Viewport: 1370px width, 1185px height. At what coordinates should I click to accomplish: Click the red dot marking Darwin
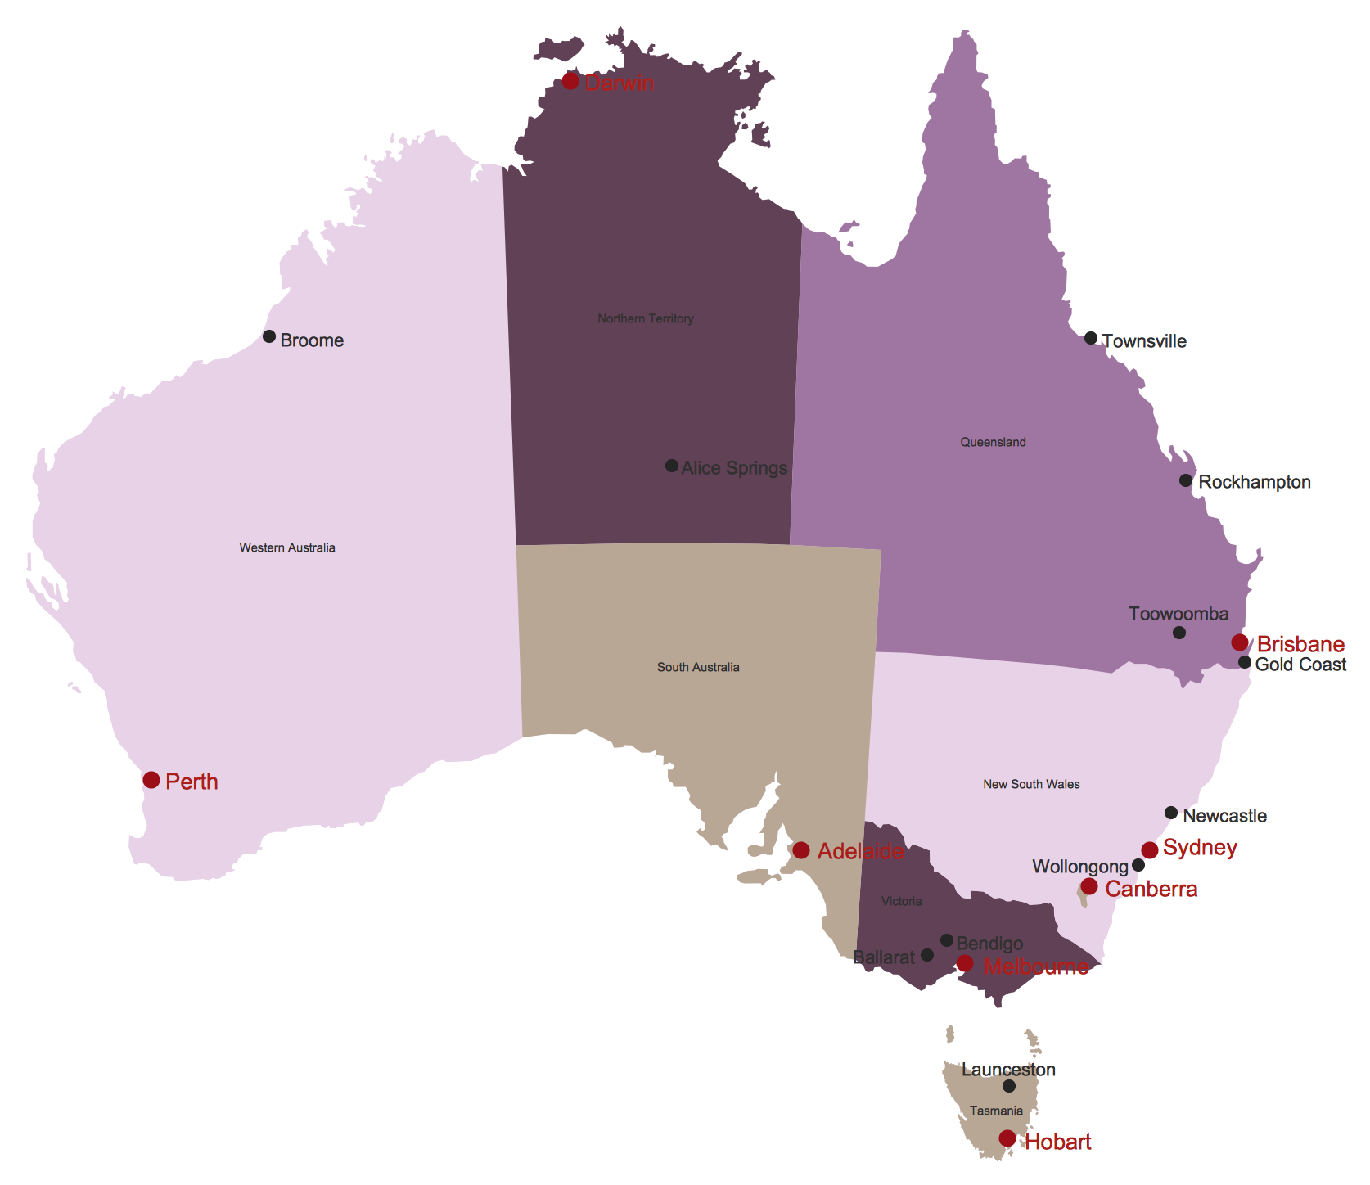click(x=570, y=81)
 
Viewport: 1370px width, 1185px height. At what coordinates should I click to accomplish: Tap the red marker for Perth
click(x=151, y=780)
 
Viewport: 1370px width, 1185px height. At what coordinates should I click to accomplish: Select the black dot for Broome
click(x=269, y=336)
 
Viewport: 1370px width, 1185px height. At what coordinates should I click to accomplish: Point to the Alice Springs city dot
click(x=672, y=466)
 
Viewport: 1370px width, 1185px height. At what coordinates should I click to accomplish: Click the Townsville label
click(x=1144, y=341)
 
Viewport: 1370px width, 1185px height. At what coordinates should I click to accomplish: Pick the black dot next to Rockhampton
click(x=1186, y=480)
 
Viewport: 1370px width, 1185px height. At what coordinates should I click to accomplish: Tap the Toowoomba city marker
click(x=1179, y=633)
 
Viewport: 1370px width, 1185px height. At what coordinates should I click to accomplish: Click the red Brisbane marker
click(x=1240, y=642)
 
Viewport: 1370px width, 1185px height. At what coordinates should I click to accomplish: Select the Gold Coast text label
click(x=1300, y=665)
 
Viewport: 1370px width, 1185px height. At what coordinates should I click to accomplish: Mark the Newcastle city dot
click(x=1171, y=813)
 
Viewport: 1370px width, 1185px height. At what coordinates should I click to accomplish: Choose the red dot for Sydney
click(x=1150, y=850)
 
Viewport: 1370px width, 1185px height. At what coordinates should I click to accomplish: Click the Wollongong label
click(x=1080, y=867)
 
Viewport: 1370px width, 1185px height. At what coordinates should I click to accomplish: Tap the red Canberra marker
click(x=1089, y=886)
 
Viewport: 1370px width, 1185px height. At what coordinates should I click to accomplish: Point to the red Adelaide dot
click(x=801, y=850)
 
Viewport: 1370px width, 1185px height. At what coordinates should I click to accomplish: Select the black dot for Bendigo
click(x=947, y=940)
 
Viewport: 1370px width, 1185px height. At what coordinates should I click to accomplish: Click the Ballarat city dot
click(x=927, y=955)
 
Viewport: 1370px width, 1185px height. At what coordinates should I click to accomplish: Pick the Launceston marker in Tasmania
click(x=1009, y=1086)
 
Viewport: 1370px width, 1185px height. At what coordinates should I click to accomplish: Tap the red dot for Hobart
click(x=1007, y=1138)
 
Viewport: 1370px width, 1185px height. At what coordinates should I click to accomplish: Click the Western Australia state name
click(x=287, y=547)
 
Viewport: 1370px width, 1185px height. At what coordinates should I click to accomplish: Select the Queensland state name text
click(x=993, y=442)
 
